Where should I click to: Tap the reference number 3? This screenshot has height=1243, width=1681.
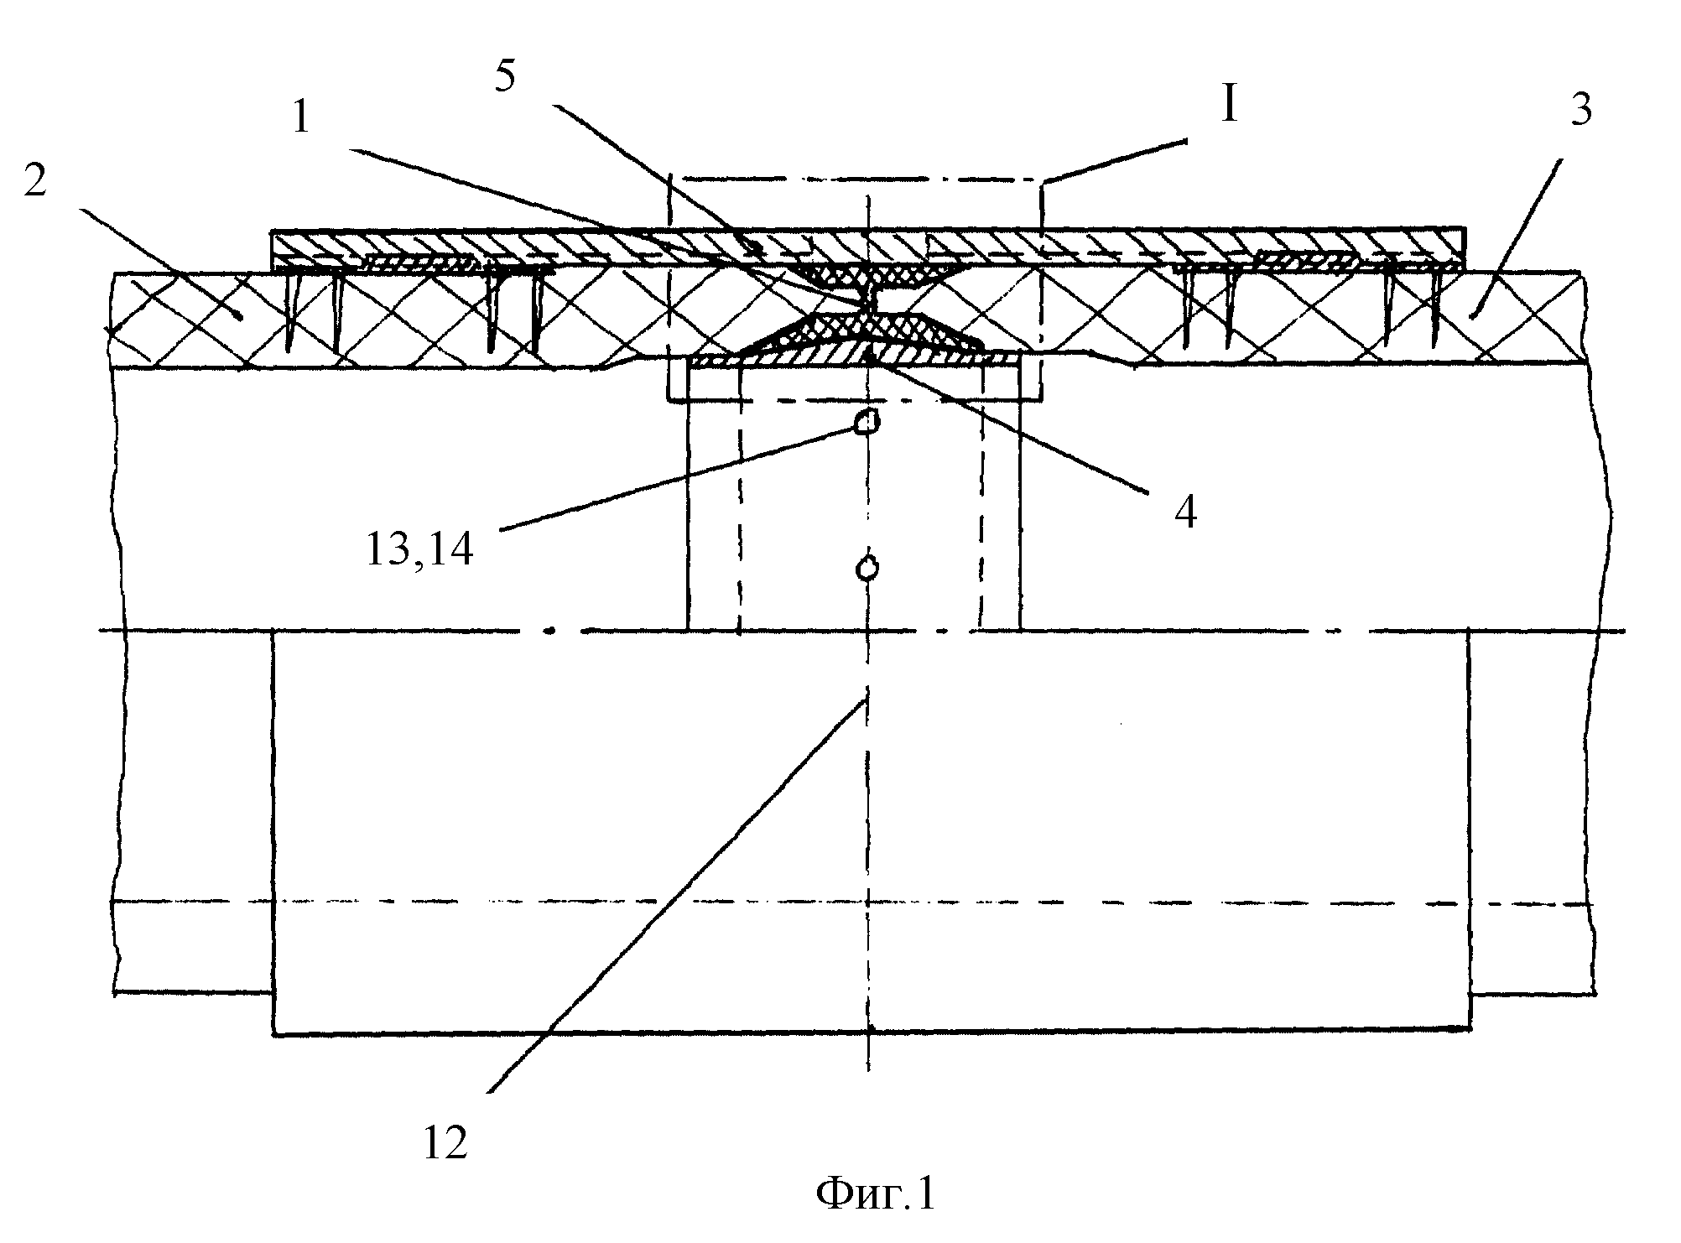click(x=1581, y=110)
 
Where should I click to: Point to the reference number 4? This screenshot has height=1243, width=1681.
click(x=1185, y=511)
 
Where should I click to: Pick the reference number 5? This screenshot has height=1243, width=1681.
click(x=507, y=77)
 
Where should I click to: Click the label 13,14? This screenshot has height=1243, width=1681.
click(x=419, y=551)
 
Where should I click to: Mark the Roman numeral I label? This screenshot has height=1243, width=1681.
click(x=1230, y=107)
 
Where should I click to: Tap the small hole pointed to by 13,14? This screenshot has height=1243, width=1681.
click(x=867, y=422)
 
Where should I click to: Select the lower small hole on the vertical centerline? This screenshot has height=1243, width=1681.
click(x=867, y=569)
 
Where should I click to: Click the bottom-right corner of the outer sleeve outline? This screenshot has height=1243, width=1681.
click(x=1470, y=1030)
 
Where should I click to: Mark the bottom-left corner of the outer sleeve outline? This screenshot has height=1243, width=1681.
click(x=273, y=1035)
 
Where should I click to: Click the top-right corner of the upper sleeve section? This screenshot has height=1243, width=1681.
click(x=1466, y=228)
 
